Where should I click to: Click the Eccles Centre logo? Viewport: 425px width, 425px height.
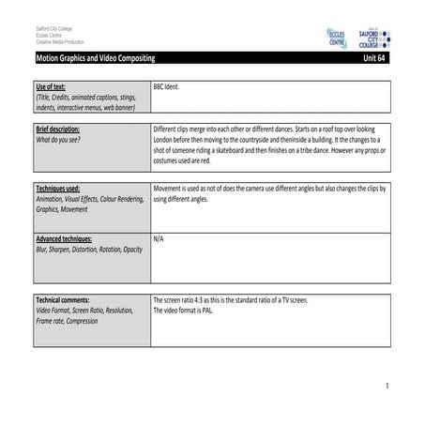pos(336,38)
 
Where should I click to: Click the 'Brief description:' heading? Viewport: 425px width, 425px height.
pos(58,129)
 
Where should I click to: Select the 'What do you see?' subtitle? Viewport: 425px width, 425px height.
pos(61,139)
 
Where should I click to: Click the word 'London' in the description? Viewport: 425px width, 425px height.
pos(165,139)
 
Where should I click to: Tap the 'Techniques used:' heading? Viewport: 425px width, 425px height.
pos(58,189)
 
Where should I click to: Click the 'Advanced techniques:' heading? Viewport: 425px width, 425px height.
pos(64,239)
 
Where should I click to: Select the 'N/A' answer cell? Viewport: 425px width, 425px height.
pos(159,239)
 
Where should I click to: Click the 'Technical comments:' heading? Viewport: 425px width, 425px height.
pos(62,300)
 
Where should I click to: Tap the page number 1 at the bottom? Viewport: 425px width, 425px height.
pos(386,387)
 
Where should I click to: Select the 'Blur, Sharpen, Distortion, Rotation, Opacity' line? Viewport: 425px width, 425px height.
pos(89,250)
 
